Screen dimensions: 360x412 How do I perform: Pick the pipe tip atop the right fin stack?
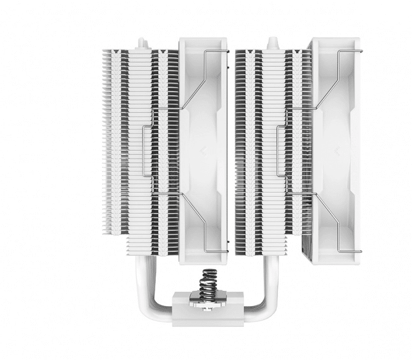[x=272, y=41]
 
